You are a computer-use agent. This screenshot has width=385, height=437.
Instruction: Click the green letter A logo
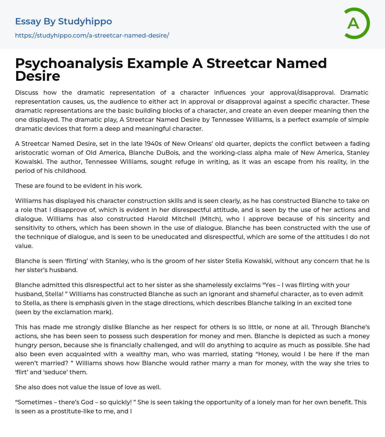click(x=356, y=23)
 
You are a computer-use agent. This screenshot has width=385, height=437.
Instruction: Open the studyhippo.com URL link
click(x=92, y=35)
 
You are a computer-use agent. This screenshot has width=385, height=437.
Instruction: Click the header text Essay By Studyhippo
click(x=64, y=21)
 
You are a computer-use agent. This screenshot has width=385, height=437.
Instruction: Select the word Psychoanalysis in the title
click(x=69, y=64)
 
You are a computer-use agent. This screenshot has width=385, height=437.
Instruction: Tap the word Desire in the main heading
click(x=38, y=76)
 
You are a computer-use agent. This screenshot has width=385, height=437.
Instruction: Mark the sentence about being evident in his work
click(x=79, y=186)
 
